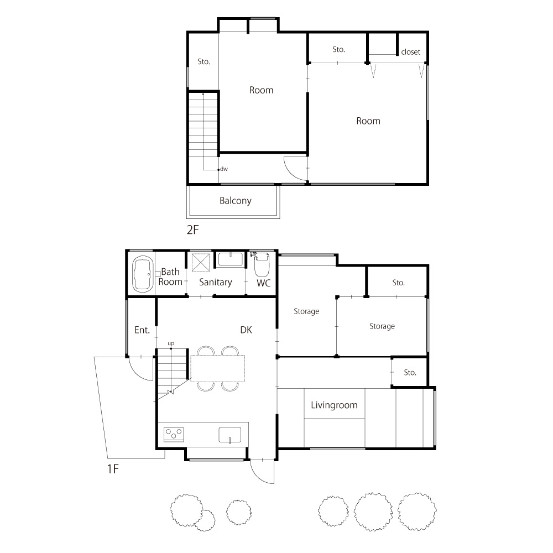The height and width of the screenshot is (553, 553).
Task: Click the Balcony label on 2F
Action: pos(235,201)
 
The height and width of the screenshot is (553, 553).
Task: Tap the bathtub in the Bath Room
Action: pos(143,274)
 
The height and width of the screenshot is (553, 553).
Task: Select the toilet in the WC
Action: pos(262,264)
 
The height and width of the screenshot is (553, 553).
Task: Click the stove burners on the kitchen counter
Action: pos(174,434)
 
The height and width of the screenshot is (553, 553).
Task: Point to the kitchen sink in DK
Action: pos(230,435)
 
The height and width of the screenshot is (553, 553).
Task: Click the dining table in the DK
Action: pos(217,368)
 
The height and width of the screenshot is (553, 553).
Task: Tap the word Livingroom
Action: pos(334,405)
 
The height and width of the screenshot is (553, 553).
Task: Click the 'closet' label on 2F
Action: pos(410,52)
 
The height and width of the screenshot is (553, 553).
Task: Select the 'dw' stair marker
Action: pos(224,169)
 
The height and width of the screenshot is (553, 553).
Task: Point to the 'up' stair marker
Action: pos(171,343)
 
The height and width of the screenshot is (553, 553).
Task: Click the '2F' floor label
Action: pos(192,230)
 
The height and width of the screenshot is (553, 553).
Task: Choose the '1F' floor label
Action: pos(113,469)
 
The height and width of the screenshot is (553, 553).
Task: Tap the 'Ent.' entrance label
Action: pos(142,330)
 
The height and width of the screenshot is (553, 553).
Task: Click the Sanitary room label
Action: pos(216,282)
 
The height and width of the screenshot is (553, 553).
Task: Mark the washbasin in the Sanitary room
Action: pos(231,259)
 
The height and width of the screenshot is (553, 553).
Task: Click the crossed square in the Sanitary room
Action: pos(201,262)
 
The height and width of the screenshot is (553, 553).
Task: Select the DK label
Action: pos(246,330)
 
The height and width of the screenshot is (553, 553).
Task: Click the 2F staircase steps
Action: pos(203,124)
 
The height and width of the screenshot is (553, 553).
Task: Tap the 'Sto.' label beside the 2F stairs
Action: pos(204,62)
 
